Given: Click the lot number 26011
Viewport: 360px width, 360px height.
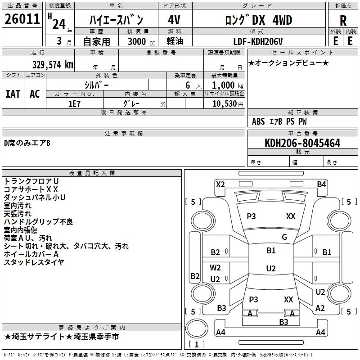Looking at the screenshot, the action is [22, 19].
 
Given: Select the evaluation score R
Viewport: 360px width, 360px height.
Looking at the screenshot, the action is [343, 20].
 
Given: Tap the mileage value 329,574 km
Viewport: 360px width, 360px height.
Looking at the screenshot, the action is [53, 64].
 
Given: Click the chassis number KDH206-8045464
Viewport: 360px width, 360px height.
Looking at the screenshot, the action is [302, 144].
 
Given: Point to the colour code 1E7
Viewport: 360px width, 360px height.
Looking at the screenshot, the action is [74, 103].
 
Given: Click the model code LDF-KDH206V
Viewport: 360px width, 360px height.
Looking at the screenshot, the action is [258, 41].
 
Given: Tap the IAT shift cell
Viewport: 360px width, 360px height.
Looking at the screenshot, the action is [13, 94].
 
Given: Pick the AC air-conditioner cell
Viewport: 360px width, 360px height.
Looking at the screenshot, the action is [35, 94].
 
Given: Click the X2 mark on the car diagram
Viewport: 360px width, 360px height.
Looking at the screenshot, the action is [220, 184].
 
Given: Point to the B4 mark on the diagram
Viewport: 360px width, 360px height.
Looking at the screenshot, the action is [321, 184].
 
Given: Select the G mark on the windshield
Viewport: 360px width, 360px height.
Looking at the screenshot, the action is [284, 237].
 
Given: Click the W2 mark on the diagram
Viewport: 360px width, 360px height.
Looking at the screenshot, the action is [216, 268].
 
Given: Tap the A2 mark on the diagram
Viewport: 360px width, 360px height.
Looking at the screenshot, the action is [320, 308].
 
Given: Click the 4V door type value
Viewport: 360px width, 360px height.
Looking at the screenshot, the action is [174, 20].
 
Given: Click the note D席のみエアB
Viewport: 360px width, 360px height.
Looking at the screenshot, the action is [27, 143].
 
